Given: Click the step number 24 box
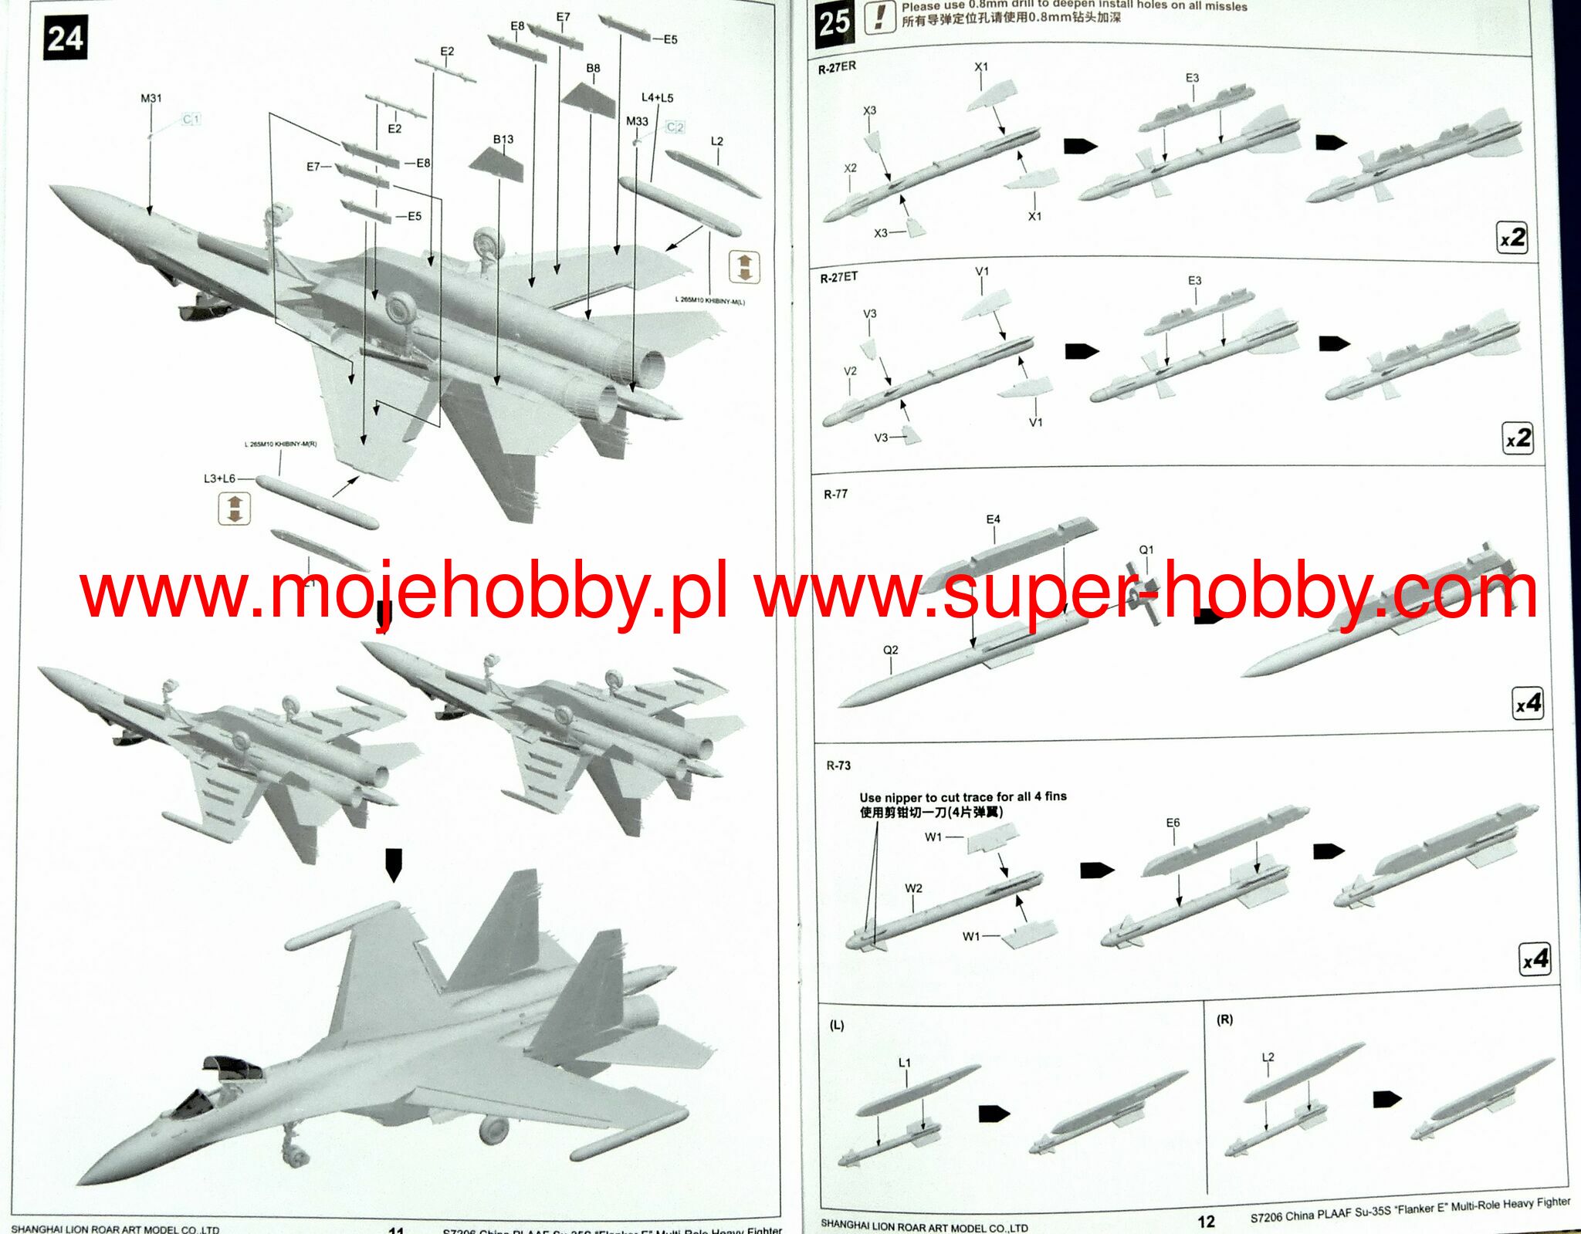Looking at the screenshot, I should pyautogui.click(x=65, y=38).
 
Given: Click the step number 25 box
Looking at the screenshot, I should pyautogui.click(x=835, y=23).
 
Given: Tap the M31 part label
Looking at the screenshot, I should pyautogui.click(x=151, y=98).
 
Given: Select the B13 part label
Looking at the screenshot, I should pyautogui.click(x=503, y=139).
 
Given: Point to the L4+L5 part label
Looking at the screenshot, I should pyautogui.click(x=657, y=97).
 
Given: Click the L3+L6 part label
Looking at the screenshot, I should pyautogui.click(x=219, y=478).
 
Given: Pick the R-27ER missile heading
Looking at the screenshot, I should pyautogui.click(x=837, y=68).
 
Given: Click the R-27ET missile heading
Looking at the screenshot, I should pyautogui.click(x=838, y=277).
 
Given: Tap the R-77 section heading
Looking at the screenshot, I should pyautogui.click(x=835, y=494).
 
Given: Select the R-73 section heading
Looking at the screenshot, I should pyautogui.click(x=838, y=766).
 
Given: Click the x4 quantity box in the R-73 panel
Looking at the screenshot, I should pyautogui.click(x=1535, y=959).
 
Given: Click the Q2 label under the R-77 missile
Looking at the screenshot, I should pyautogui.click(x=891, y=650).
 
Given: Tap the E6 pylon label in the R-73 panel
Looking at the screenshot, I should pyautogui.click(x=1173, y=823).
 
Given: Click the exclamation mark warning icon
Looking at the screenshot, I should pyautogui.click(x=879, y=17).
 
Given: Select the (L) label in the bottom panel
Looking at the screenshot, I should pyautogui.click(x=837, y=1026).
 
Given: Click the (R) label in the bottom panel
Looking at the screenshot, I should pyautogui.click(x=1224, y=1019).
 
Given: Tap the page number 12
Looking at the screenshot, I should pyautogui.click(x=1206, y=1221).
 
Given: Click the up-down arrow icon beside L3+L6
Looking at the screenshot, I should pyautogui.click(x=235, y=509).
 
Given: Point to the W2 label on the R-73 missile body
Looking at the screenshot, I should pyautogui.click(x=913, y=888).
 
